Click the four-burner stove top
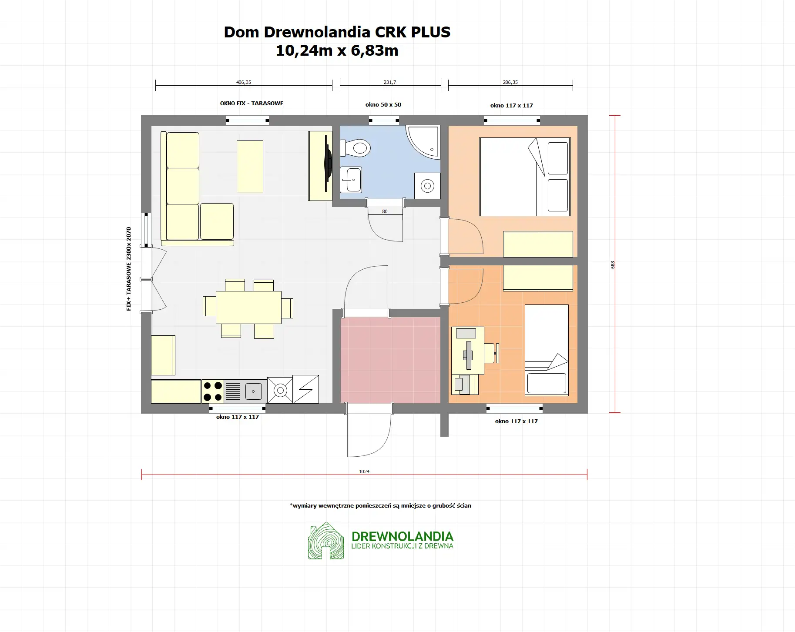pyautogui.click(x=213, y=391)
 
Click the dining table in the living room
pyautogui.click(x=248, y=308)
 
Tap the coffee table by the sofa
pyautogui.click(x=250, y=167)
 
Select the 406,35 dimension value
pyautogui.click(x=243, y=82)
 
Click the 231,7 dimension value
pyautogui.click(x=390, y=82)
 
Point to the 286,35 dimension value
pyautogui.click(x=510, y=82)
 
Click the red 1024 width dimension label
pyautogui.click(x=364, y=471)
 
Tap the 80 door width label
pyautogui.click(x=385, y=211)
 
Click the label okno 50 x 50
pyautogui.click(x=383, y=105)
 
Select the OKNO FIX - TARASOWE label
pyautogui.click(x=252, y=104)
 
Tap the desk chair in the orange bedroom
pyautogui.click(x=491, y=353)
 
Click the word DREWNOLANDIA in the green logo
pyautogui.click(x=402, y=536)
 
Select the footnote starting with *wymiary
pyautogui.click(x=380, y=506)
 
